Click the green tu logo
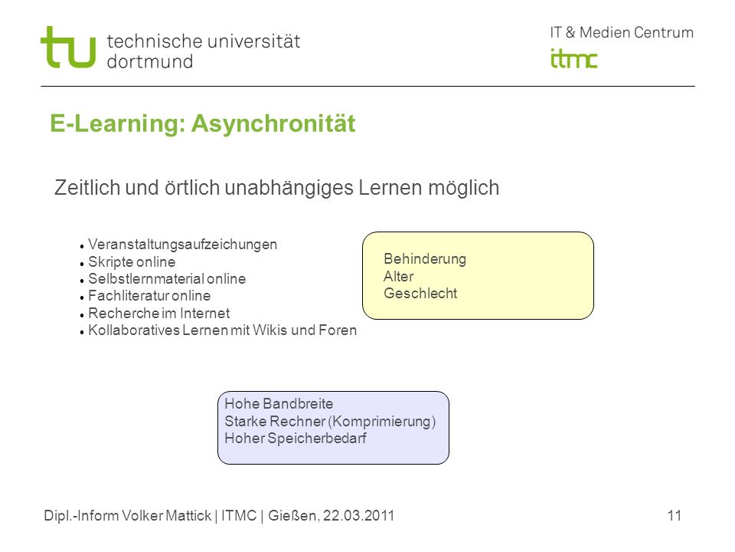[68, 47]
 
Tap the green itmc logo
[573, 59]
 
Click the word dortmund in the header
[150, 61]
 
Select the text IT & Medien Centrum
[622, 32]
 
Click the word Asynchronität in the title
[273, 124]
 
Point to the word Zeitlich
[87, 188]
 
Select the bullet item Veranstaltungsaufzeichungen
[182, 245]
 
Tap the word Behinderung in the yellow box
[425, 259]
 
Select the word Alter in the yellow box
[398, 277]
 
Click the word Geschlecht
[420, 294]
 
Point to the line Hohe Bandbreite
[279, 404]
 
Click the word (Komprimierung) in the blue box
[382, 422]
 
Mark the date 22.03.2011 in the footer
[358, 516]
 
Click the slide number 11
[674, 516]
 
